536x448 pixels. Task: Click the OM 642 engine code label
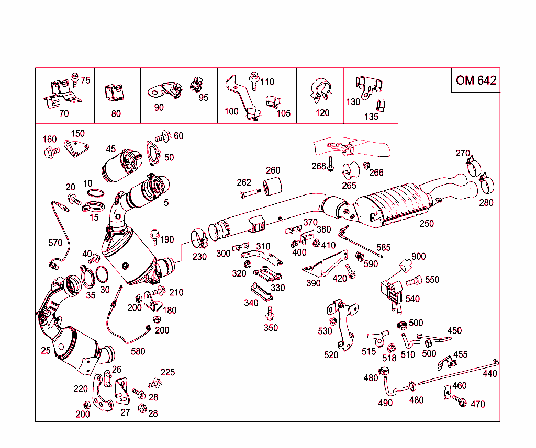click(475, 80)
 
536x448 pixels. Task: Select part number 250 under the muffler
click(427, 223)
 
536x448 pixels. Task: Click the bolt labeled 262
click(250, 194)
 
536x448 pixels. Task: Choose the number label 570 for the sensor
click(55, 243)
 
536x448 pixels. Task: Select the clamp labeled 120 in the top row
click(319, 91)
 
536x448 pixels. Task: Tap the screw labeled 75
click(74, 79)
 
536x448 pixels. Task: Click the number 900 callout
click(418, 257)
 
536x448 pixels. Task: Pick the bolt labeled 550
click(414, 281)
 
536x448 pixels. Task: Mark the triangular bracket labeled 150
click(74, 148)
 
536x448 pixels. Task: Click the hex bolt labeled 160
click(51, 153)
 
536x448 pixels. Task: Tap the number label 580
click(138, 351)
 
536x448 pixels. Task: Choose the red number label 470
click(477, 404)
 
